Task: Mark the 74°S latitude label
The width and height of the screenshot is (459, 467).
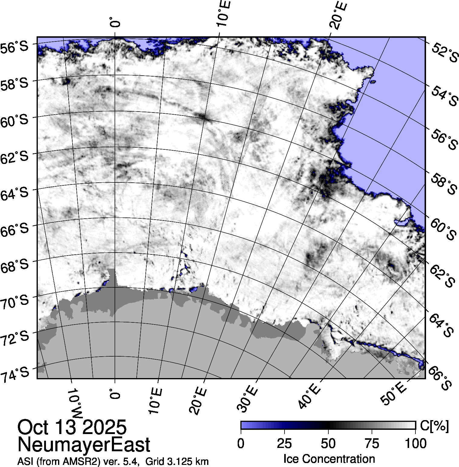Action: point(15,374)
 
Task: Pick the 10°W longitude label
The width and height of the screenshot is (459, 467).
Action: point(74,404)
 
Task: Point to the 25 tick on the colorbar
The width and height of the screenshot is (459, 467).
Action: point(284,443)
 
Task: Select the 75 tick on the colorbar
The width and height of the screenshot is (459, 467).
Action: point(372,443)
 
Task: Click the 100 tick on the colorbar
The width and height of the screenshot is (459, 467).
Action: point(415,443)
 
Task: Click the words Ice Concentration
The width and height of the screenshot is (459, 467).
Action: point(329,459)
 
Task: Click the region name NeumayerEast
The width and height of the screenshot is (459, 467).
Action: point(84,445)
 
